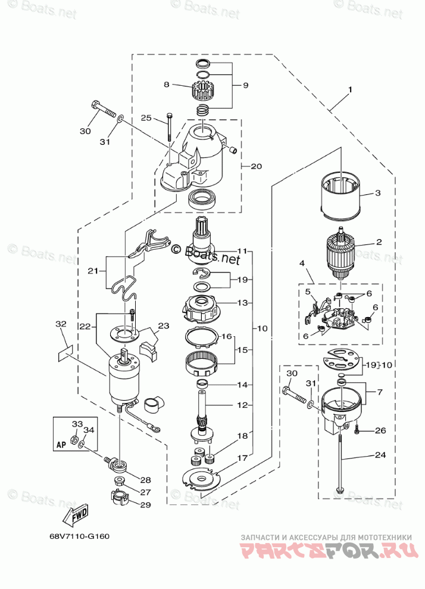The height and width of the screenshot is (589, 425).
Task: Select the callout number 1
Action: click(x=349, y=90)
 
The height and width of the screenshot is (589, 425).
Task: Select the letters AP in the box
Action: click(x=61, y=444)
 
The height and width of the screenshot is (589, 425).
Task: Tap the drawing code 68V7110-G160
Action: click(x=79, y=536)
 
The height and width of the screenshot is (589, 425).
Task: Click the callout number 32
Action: click(x=61, y=324)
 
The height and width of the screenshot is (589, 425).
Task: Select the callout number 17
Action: click(x=242, y=458)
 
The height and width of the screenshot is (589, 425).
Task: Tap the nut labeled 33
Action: click(x=74, y=439)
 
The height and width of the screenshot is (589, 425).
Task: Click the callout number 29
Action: click(x=145, y=505)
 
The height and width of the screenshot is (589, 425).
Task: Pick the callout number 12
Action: click(x=243, y=405)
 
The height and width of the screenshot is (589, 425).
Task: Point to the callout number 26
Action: click(x=380, y=430)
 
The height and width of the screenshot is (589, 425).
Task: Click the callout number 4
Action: click(x=302, y=263)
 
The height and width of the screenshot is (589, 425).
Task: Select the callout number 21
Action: click(x=93, y=271)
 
